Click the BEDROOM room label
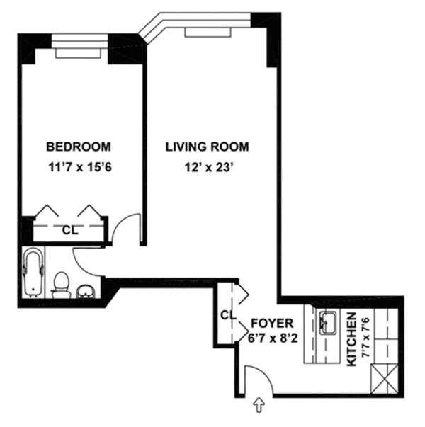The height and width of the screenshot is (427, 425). coord(79,147)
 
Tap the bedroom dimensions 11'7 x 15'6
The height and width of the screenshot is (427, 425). coord(79,169)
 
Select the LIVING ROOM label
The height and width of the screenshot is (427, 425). coord(207,147)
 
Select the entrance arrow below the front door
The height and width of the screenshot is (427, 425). coord(259,406)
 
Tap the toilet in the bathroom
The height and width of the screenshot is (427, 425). coord(61,283)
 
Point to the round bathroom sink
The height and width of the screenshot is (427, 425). coord(85,291)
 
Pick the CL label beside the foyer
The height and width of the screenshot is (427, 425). coord(227,314)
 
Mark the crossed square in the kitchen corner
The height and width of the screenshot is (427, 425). coord(387,375)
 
